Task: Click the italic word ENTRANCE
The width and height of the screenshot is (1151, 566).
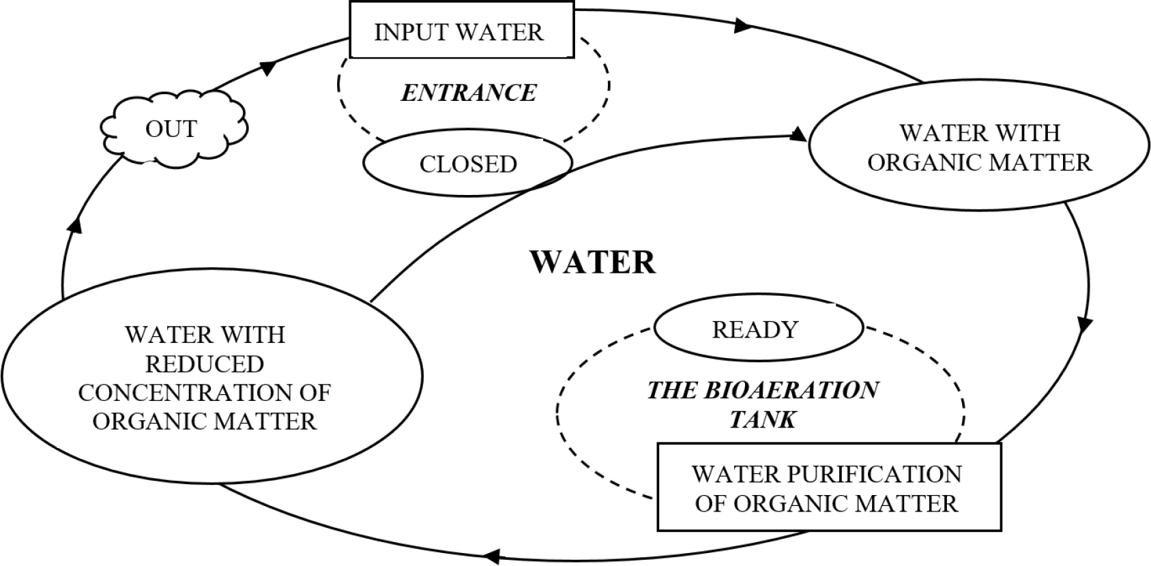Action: coord(469,93)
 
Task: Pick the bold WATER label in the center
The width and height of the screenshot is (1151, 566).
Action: coord(592,263)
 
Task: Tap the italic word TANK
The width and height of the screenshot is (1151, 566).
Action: coord(763,419)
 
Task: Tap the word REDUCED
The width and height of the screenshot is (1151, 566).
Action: coord(205,364)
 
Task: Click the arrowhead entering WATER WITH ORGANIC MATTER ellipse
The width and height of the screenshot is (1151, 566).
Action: coord(798,135)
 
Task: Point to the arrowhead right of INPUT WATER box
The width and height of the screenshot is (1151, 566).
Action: coord(743,25)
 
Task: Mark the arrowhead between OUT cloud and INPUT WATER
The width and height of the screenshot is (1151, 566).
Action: coord(267,68)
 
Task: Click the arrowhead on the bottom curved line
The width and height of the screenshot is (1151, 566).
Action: coord(491,556)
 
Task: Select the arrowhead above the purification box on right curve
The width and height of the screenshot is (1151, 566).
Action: coord(1084,325)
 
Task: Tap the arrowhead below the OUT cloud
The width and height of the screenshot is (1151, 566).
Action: coord(75,225)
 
